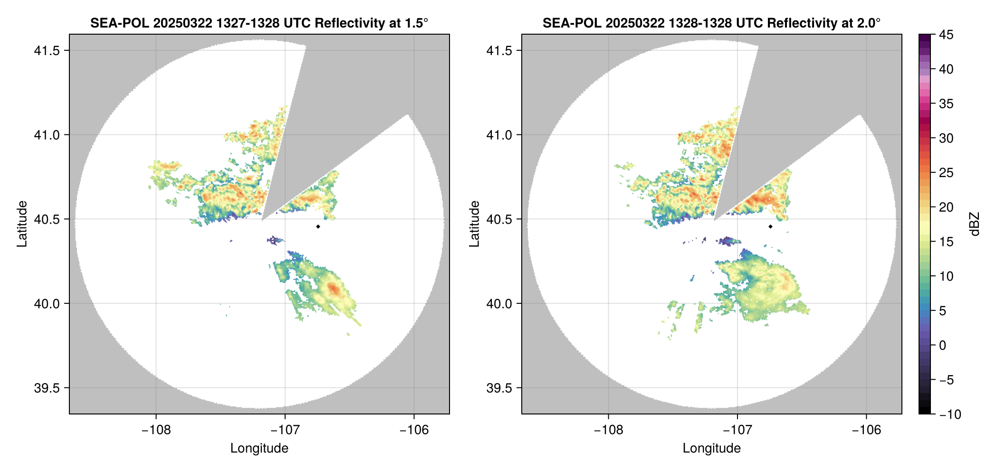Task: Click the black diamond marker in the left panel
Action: coord(318,226)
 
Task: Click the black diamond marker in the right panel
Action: coord(770,226)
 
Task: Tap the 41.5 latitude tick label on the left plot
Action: coord(47,51)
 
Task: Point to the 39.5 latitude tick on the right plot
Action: coord(499,388)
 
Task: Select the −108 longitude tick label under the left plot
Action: coord(156,430)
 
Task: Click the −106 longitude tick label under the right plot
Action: coord(867,430)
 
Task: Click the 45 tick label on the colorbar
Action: coord(946,35)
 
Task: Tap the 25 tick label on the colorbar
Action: coord(946,173)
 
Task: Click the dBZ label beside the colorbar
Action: coord(975,224)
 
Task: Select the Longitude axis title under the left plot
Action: coord(259,448)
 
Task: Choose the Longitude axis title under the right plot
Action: coord(712,448)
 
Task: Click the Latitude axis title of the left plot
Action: coord(22,224)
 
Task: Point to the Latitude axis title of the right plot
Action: coord(474,224)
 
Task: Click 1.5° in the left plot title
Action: coord(417,23)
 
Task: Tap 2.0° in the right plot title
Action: coord(869,23)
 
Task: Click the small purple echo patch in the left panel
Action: coord(275,240)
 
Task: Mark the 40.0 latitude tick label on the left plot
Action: coord(47,304)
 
